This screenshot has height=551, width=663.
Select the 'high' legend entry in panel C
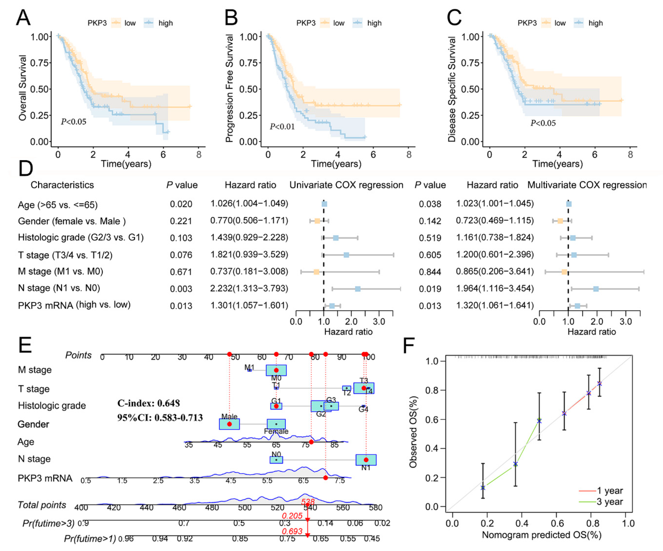click(x=595, y=23)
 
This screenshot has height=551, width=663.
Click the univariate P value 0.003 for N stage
click(x=181, y=289)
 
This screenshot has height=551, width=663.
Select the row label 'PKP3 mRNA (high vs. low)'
click(x=74, y=305)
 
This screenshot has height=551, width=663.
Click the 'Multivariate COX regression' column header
click(x=587, y=185)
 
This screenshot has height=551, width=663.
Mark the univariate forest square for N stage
click(x=358, y=289)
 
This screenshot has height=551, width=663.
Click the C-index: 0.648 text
click(x=148, y=403)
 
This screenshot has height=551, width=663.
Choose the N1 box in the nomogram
click(x=366, y=460)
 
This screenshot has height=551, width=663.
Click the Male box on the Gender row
click(x=229, y=424)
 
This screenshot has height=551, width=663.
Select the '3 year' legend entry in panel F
click(x=609, y=502)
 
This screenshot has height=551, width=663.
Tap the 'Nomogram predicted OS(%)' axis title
click(x=541, y=535)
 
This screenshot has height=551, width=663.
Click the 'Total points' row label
click(x=42, y=505)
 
